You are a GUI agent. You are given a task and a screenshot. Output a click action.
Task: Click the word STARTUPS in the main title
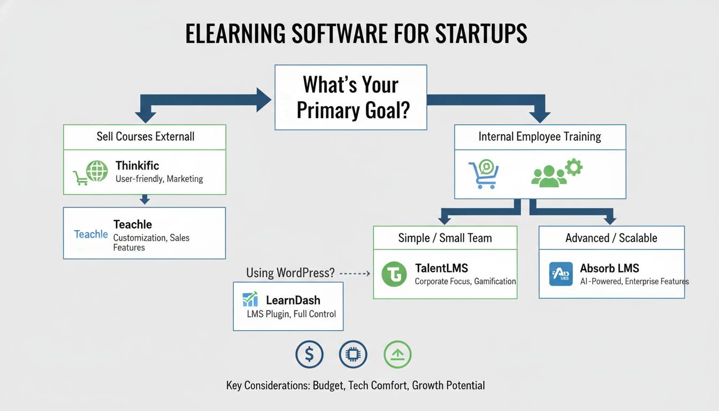tap(481, 33)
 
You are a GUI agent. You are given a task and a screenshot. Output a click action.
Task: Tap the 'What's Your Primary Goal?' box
tap(351, 97)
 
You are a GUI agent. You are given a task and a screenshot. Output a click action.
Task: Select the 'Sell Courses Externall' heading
tap(146, 136)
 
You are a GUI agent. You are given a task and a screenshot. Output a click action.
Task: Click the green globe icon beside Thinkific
tap(97, 171)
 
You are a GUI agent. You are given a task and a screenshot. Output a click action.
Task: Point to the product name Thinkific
tap(137, 165)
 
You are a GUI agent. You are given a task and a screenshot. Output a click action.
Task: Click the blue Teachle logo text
tap(91, 234)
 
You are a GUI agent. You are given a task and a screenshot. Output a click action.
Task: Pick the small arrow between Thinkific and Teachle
tap(145, 200)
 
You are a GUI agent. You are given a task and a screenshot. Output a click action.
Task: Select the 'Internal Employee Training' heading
tap(540, 136)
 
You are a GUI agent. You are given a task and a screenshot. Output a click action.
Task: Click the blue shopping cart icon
tap(484, 174)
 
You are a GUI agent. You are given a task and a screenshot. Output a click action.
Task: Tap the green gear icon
tap(574, 167)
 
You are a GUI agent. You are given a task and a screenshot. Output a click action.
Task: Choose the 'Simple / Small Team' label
tap(445, 238)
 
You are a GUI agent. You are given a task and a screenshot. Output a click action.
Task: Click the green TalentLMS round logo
tap(394, 274)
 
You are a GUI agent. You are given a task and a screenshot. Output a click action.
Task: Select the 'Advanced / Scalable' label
tap(611, 238)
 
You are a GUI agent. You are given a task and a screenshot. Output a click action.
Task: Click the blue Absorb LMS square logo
tap(561, 274)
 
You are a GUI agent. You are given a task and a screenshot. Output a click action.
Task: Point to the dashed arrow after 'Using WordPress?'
tap(355, 273)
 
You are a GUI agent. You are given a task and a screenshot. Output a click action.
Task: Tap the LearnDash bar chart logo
tap(250, 299)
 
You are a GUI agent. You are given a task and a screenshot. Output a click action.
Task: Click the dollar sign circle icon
tap(309, 354)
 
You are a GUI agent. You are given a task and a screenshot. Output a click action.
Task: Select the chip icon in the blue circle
tap(353, 354)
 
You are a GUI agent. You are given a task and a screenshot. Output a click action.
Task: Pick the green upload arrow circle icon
tap(397, 354)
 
